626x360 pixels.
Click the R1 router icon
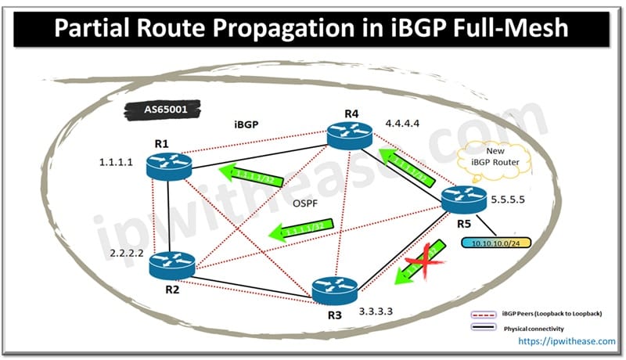168,164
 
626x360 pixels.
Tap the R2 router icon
171,265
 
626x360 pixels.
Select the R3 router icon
334,290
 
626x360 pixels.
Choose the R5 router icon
464,200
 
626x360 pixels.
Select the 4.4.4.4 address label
404,123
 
